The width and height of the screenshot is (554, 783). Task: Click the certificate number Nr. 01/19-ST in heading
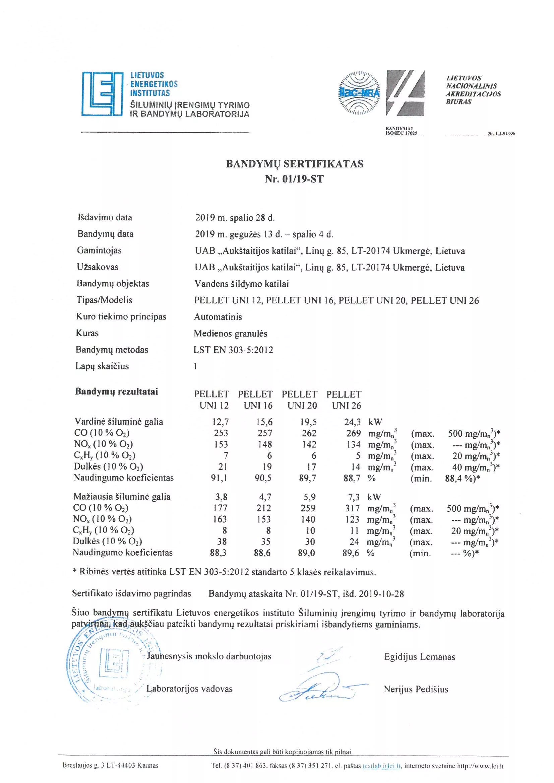coord(294,179)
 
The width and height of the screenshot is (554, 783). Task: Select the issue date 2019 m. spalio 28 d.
coord(235,218)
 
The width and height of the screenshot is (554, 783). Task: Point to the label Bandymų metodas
coord(112,350)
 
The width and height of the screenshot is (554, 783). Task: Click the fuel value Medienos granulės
coord(230,333)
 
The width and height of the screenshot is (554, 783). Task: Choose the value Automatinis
coord(218,317)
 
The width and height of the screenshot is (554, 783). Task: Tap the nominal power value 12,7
coord(220,422)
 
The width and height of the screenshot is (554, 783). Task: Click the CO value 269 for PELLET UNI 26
coord(353,433)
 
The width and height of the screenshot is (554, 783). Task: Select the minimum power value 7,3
coord(353,497)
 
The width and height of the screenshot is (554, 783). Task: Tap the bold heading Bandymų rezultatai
coord(116,391)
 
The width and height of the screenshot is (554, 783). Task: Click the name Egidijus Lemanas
coord(420,657)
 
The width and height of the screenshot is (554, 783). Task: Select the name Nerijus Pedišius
coord(416,689)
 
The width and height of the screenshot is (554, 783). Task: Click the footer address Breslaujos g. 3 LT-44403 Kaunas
coord(110,766)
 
